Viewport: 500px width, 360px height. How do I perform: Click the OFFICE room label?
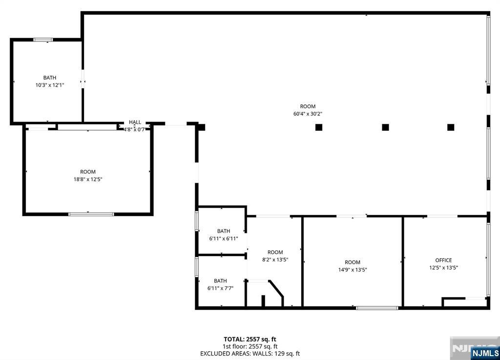tap(443, 260)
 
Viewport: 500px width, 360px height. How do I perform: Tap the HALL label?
tap(135, 122)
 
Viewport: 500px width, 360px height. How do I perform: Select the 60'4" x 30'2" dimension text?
tap(308, 114)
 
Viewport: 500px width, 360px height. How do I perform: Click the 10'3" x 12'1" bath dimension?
tap(50, 85)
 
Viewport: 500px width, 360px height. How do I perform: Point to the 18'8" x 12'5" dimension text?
tap(88, 179)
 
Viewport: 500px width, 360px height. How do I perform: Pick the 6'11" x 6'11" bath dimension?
tap(224, 239)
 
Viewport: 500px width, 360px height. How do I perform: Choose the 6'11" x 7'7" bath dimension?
tap(220, 288)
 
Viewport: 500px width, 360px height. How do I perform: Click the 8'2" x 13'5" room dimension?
tap(275, 260)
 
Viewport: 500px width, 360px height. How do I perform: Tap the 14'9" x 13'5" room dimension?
tap(353, 270)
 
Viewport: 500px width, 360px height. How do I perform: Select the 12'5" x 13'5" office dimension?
tap(443, 268)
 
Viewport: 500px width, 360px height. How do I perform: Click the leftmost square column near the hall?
tap(202, 127)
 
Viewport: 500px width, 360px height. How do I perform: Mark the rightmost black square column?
tap(451, 127)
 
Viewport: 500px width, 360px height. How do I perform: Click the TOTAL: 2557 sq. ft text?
tap(250, 340)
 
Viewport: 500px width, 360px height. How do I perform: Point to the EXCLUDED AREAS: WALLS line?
tap(250, 354)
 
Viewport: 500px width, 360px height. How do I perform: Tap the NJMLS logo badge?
tap(485, 353)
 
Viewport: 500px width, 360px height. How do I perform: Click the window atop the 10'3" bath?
tap(43, 40)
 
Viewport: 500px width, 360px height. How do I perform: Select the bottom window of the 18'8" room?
tap(91, 214)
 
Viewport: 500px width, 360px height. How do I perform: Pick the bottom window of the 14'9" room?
tap(377, 308)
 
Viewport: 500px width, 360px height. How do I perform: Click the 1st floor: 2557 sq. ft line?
tap(250, 347)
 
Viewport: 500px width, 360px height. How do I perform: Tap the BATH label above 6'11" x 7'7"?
tap(220, 281)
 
